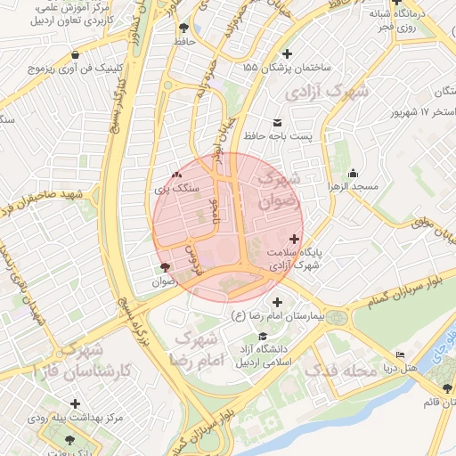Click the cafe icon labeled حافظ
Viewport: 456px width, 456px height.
pyautogui.click(x=183, y=28)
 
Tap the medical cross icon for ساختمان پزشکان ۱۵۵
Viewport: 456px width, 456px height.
pyautogui.click(x=247, y=67)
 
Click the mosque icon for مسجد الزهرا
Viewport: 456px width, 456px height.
pyautogui.click(x=354, y=174)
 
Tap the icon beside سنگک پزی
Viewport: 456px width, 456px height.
pyautogui.click(x=175, y=175)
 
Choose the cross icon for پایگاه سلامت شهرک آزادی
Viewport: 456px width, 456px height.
pyautogui.click(x=295, y=239)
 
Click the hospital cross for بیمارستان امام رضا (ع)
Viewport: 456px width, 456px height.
pyautogui.click(x=277, y=302)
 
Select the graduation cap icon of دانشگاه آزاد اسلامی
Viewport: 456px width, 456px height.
pyautogui.click(x=262, y=336)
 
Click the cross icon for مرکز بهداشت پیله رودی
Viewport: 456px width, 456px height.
pyautogui.click(x=74, y=403)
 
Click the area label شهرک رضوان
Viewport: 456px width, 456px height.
pyautogui.click(x=278, y=190)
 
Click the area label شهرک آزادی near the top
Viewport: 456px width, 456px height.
pyautogui.click(x=323, y=92)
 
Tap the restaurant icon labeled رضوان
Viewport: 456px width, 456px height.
pyautogui.click(x=164, y=267)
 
